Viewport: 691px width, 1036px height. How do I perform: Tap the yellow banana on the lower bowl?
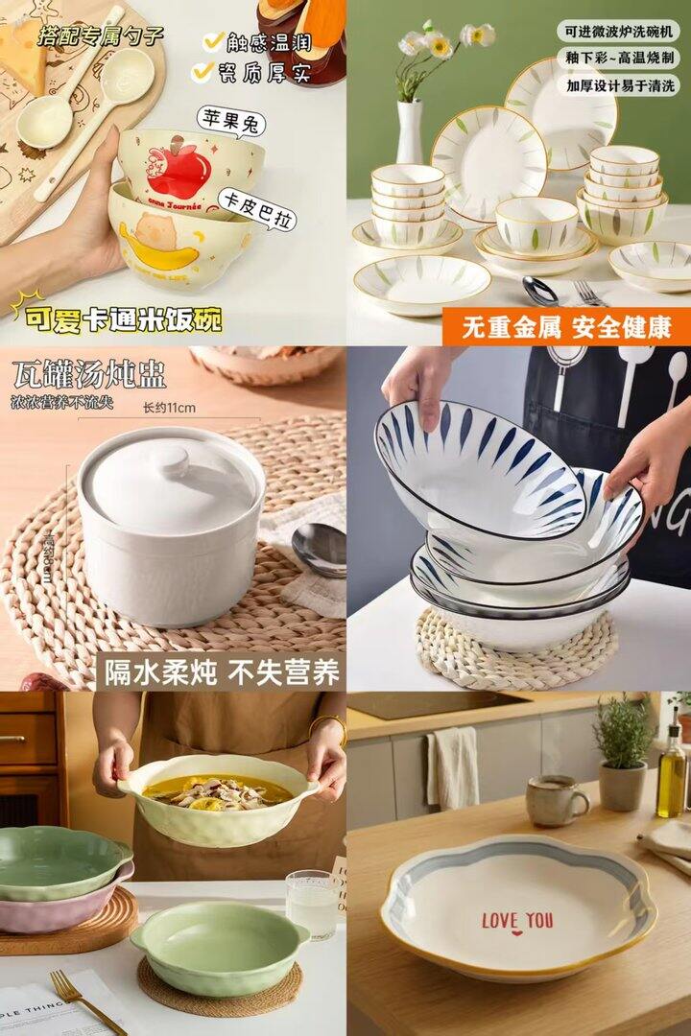(x=158, y=254)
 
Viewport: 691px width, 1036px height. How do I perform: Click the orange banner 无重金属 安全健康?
(x=566, y=326)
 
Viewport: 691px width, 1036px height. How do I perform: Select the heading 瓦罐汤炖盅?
(x=88, y=373)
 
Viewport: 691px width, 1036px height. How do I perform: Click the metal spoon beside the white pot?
(x=320, y=549)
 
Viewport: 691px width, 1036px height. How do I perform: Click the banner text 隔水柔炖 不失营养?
(x=222, y=671)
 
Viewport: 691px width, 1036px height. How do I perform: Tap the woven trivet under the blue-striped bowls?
(x=518, y=652)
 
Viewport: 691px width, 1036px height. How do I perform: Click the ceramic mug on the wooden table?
(x=556, y=800)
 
